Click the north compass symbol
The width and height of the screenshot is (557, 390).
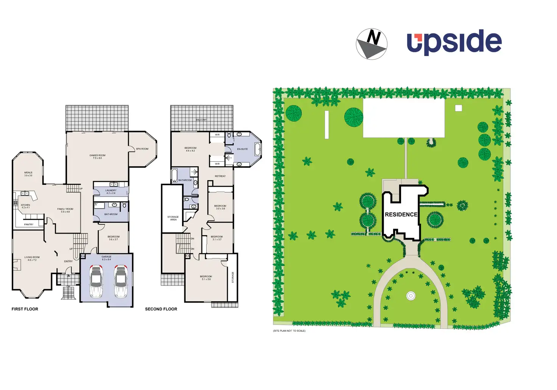pos(372,44)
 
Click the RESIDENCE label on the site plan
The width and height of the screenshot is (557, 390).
pos(401,214)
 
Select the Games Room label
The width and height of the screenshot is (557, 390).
pos(97,156)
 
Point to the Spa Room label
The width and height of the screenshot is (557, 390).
pos(142,149)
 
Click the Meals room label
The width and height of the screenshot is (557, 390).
pos(28,174)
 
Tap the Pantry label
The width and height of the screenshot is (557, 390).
pos(29,225)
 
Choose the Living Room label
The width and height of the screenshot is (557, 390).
pos(32,258)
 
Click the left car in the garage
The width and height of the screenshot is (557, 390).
pos(96,281)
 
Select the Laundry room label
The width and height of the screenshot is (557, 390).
pos(111,192)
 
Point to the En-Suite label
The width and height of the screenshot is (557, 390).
pos(242,149)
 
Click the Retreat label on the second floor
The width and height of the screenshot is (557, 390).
pos(220,176)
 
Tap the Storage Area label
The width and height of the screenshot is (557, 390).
pos(173,218)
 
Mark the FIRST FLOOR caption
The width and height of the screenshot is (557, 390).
pos(25,309)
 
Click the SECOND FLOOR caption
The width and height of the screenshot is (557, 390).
pos(161,309)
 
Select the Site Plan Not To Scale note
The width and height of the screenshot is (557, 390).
pos(289,331)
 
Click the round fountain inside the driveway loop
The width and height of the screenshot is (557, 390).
pos(411,296)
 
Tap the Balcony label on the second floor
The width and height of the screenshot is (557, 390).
pos(201,120)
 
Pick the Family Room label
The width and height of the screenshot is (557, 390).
pos(65,210)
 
